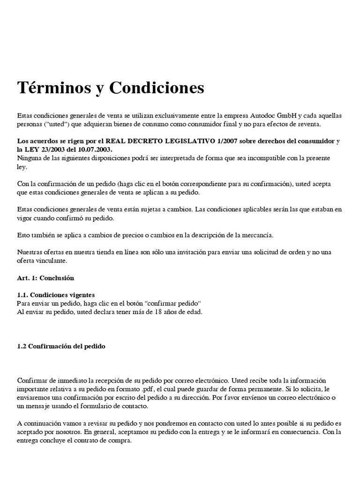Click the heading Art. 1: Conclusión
pyautogui.click(x=45, y=277)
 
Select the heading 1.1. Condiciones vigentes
pyautogui.click(x=56, y=295)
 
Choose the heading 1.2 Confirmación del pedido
pyautogui.click(x=61, y=346)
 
